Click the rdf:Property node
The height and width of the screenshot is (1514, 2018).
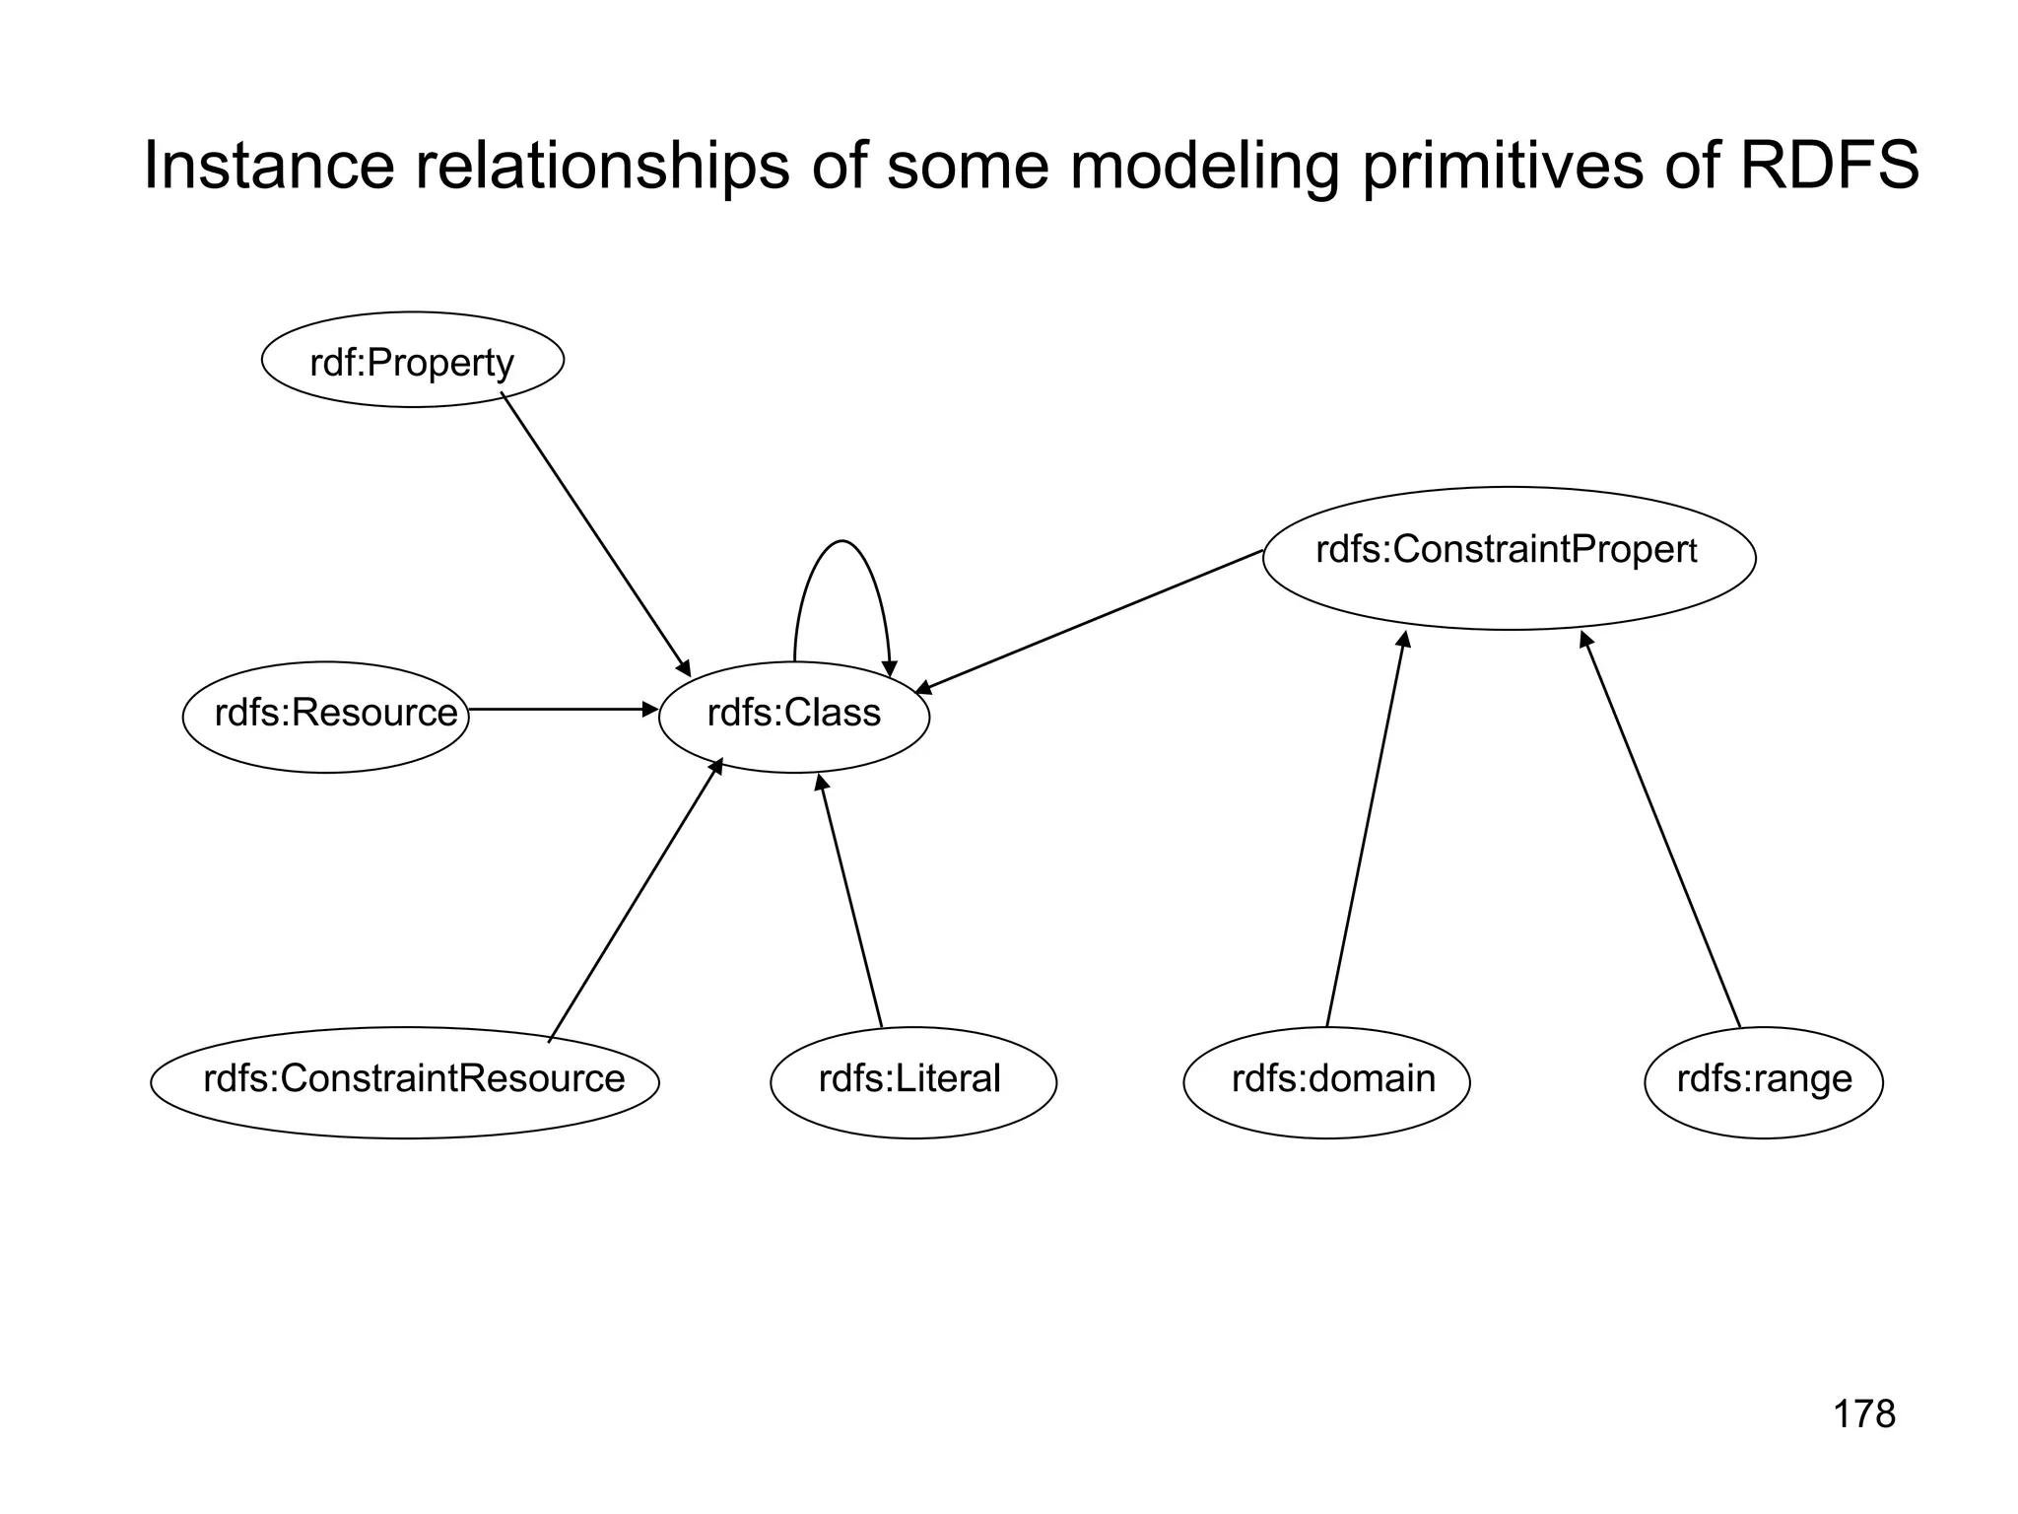412,361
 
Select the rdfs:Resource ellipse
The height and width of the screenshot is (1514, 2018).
326,717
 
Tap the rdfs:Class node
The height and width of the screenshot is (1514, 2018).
794,717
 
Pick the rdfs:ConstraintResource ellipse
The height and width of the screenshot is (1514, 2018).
405,1082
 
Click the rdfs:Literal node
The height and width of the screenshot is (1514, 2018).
912,1082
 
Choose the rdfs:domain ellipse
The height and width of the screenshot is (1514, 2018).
1326,1082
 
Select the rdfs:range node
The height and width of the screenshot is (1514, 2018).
1763,1082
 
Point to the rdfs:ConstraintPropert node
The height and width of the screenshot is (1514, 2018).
1509,558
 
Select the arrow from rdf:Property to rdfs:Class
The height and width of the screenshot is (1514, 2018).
596,532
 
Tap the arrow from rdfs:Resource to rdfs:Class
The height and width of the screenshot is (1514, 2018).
562,709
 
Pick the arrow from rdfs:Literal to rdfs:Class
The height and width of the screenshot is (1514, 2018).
850,902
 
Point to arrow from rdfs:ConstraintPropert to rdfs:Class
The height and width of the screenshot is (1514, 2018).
1089,622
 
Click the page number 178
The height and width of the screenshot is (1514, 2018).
1863,1414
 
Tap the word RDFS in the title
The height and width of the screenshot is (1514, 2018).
1829,166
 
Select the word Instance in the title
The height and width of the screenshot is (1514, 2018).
268,166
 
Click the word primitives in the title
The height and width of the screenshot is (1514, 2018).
1503,166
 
